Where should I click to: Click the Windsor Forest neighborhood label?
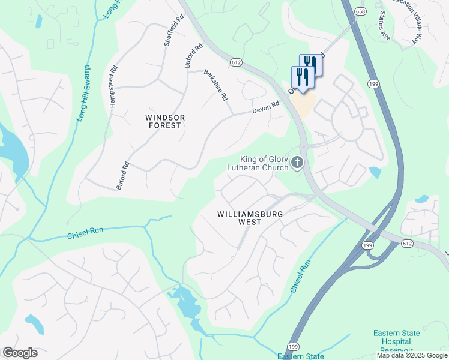tap(164, 121)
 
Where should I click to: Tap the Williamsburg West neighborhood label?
tap(250, 217)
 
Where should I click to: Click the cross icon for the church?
tap(297, 163)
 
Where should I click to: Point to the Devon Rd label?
tap(266, 107)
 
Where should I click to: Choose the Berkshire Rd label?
tap(216, 85)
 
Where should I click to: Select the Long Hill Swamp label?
tap(83, 94)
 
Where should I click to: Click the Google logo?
tap(20, 353)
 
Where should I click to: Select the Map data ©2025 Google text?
tap(412, 355)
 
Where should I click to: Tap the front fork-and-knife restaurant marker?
tap(303, 77)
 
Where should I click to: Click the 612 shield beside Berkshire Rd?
tap(235, 62)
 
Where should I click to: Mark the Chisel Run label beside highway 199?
tap(301, 276)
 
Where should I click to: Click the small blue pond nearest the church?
tap(375, 173)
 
